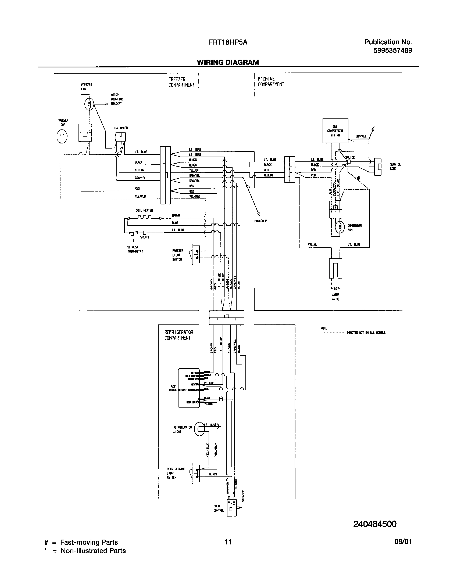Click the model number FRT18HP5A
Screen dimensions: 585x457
point(228,42)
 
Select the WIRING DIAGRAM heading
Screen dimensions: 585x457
point(228,62)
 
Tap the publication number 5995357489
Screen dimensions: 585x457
point(392,50)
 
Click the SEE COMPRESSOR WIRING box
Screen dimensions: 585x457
point(335,131)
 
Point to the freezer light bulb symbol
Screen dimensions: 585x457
point(62,137)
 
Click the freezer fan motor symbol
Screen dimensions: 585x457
point(89,104)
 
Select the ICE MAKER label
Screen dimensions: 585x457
point(121,128)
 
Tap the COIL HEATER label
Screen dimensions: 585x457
point(144,211)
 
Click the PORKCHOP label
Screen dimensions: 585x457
point(260,221)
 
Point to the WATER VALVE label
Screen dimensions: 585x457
point(335,297)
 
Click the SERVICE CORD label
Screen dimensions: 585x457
point(395,166)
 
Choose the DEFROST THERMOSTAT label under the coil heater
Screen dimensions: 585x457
point(135,249)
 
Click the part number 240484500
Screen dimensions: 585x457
point(375,532)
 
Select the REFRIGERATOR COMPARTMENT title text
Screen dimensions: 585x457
point(178,335)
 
